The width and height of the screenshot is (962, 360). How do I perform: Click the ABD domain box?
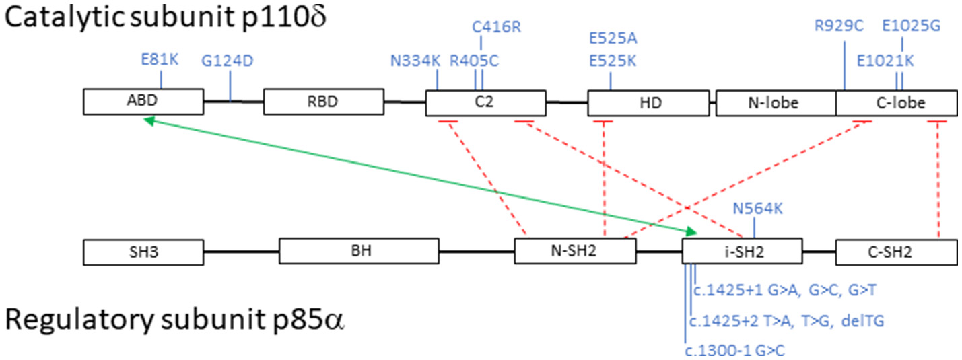tap(143, 103)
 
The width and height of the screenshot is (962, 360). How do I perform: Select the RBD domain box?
tap(323, 103)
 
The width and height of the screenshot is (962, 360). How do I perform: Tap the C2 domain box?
tap(485, 103)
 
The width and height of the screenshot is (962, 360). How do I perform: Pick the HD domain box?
tap(648, 103)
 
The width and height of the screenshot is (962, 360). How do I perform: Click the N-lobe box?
tap(776, 103)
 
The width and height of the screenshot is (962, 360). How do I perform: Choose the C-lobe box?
tap(896, 103)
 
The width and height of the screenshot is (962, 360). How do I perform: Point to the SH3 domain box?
tap(143, 252)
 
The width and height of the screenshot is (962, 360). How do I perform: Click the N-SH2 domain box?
tap(575, 252)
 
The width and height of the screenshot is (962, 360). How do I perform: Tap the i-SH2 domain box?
tap(742, 252)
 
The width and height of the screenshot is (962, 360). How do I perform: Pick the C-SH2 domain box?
tap(896, 252)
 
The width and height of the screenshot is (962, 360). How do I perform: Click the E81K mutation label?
tap(160, 59)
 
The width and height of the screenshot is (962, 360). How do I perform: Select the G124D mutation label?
tap(228, 61)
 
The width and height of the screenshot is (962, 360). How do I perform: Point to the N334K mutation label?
tap(415, 61)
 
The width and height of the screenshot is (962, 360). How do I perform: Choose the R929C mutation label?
tap(839, 27)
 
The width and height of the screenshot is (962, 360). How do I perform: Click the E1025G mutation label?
tap(911, 27)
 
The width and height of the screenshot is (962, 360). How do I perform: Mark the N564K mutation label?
tap(757, 208)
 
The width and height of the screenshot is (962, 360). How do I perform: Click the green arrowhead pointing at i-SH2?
tap(691, 232)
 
